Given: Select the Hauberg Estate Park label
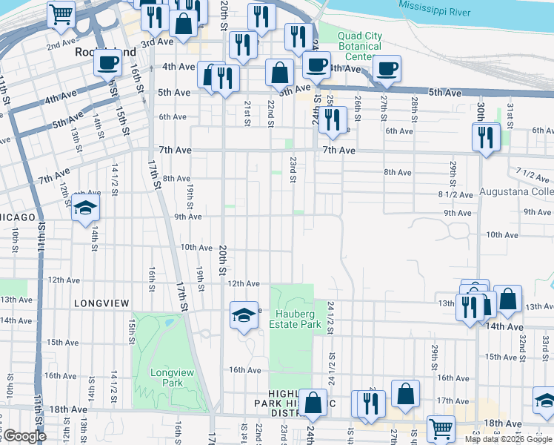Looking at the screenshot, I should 296,318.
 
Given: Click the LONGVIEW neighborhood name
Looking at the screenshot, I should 102,303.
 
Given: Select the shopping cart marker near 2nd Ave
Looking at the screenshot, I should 61,14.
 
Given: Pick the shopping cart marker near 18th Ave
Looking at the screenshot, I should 440,429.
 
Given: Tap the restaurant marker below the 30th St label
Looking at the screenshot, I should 485,137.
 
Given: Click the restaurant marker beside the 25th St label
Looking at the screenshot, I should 333,119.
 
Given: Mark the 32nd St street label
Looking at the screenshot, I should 522,343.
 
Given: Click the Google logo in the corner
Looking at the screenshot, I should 24,436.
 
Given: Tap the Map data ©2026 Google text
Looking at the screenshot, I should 508,439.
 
